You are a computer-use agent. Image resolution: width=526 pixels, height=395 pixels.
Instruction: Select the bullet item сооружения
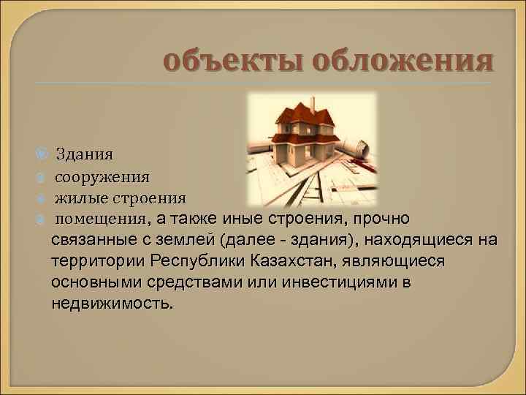(102, 176)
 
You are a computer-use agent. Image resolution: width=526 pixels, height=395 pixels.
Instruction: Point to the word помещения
(102, 219)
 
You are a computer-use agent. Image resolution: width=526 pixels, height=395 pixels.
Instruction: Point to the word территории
(99, 261)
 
